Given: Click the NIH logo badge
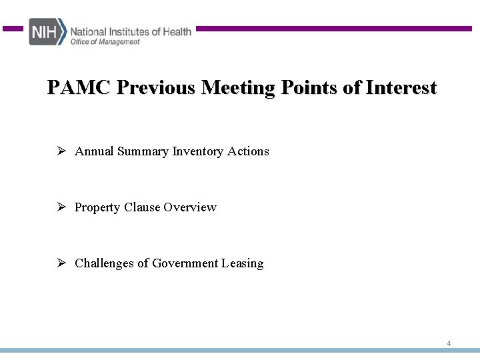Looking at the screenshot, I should (x=47, y=32).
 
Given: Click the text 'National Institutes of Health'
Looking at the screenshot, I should (x=131, y=31).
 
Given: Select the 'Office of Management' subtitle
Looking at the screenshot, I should (x=105, y=42).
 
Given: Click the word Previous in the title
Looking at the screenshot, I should (x=156, y=88).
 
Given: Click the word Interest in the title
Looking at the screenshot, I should (x=401, y=88).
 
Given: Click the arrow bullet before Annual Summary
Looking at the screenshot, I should (x=60, y=151).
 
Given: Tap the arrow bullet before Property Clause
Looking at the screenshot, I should (x=60, y=207).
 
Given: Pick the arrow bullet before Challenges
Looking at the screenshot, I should (x=60, y=263).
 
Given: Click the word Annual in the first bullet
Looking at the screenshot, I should (x=94, y=151).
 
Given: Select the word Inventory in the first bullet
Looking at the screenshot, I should (x=198, y=151).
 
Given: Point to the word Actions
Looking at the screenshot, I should (x=248, y=151).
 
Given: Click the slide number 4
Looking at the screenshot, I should (x=449, y=343).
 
